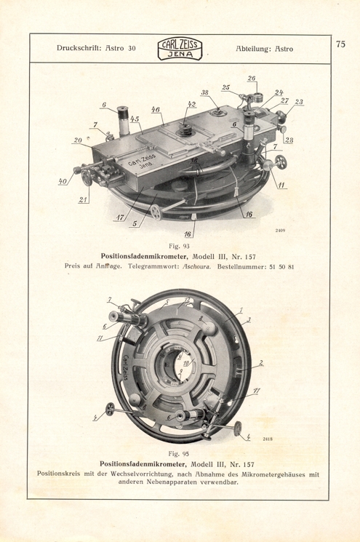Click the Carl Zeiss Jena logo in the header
pos(180,49)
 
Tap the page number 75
pos(340,43)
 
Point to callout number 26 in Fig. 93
pos(251,79)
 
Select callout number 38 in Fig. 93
pos(205,93)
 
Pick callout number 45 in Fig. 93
pos(135,119)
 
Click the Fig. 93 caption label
pos(178,246)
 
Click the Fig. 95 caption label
pos(179,453)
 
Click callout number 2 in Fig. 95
pos(261,362)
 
